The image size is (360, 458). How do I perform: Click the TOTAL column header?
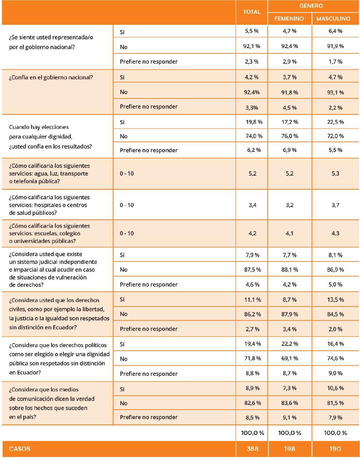point(252,12)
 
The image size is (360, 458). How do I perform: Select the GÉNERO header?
point(311,6)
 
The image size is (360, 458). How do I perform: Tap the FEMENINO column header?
point(289,19)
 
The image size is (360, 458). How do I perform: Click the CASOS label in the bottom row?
point(20,449)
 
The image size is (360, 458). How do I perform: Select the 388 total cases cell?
point(252,449)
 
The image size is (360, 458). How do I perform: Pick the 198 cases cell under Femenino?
point(289,449)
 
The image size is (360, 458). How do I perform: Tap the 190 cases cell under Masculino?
point(335,449)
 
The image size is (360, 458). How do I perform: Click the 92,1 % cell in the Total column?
point(252,46)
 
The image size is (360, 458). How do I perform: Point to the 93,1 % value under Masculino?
point(335,92)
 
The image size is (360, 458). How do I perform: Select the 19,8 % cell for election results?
point(254,122)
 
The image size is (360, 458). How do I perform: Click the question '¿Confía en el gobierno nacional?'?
point(51,77)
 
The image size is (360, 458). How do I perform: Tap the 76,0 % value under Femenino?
point(290,136)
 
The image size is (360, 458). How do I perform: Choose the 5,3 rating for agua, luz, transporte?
point(335,174)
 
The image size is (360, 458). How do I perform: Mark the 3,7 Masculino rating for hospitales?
point(335,205)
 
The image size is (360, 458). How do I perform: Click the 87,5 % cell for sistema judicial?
point(253,270)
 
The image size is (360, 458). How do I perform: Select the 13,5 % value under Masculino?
point(335,300)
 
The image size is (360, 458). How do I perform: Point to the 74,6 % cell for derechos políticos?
point(335,359)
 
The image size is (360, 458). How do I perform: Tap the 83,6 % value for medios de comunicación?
point(290,403)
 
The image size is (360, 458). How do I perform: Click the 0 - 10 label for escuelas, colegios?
point(127,233)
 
